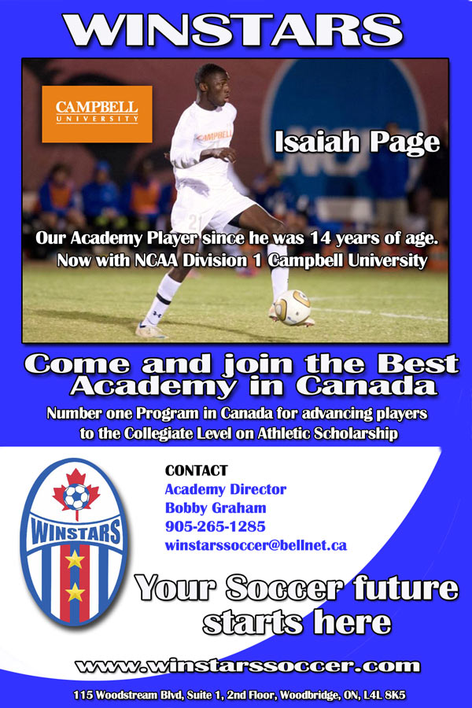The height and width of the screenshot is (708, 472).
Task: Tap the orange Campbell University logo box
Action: pyautogui.click(x=97, y=114)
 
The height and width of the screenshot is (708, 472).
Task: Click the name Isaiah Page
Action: pyautogui.click(x=357, y=142)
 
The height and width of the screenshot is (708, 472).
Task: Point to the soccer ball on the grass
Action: pyautogui.click(x=293, y=307)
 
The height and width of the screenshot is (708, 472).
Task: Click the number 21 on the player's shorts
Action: pyautogui.click(x=195, y=221)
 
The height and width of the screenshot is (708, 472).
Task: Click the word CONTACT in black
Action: pyautogui.click(x=197, y=470)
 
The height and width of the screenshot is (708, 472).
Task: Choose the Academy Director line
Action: pyautogui.click(x=226, y=489)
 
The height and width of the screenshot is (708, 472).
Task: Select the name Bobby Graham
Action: pyautogui.click(x=216, y=508)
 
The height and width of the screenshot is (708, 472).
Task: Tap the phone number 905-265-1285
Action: pyautogui.click(x=215, y=526)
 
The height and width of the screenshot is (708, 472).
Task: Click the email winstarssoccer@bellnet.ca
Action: pyautogui.click(x=256, y=545)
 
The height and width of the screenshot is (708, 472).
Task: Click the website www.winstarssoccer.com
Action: pyautogui.click(x=248, y=666)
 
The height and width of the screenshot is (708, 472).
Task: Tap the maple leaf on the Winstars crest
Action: pyautogui.click(x=76, y=492)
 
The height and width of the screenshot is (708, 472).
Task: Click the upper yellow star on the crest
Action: pyautogui.click(x=75, y=559)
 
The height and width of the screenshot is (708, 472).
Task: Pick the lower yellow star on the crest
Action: pyautogui.click(x=75, y=592)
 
